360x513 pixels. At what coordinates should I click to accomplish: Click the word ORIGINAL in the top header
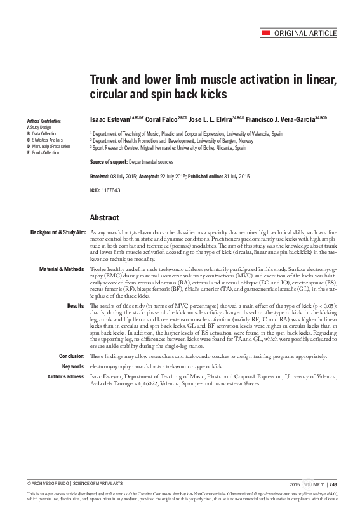(x=292, y=33)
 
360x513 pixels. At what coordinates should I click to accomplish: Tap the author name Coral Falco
(x=161, y=119)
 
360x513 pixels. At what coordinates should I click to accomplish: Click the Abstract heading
(x=105, y=217)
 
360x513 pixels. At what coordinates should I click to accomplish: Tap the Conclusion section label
(x=72, y=356)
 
